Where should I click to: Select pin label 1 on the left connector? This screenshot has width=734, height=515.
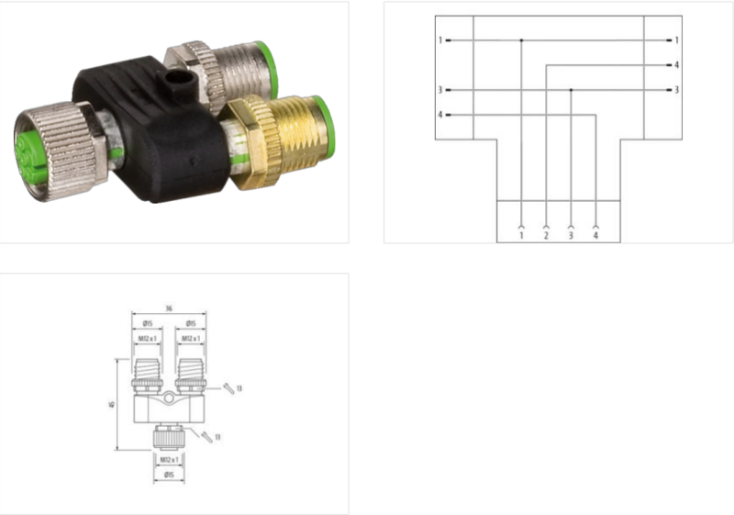pyautogui.click(x=440, y=40)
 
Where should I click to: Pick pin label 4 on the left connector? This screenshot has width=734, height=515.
pyautogui.click(x=440, y=115)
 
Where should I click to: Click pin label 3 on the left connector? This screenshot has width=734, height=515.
pyautogui.click(x=440, y=90)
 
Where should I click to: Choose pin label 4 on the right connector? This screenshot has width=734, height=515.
pyautogui.click(x=676, y=65)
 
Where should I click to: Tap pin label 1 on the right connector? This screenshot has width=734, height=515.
pyautogui.click(x=676, y=40)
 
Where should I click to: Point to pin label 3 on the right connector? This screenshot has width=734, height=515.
pyautogui.click(x=676, y=90)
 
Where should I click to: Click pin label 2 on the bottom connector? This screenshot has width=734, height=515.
pyautogui.click(x=546, y=236)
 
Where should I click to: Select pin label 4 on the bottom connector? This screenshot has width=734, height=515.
pyautogui.click(x=596, y=236)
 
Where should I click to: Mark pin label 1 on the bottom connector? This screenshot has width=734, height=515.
pyautogui.click(x=521, y=236)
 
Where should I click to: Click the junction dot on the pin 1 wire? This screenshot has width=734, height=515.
pyautogui.click(x=521, y=40)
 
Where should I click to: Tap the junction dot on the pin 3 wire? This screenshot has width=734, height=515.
pyautogui.click(x=571, y=90)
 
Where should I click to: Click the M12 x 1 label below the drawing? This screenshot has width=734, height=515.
pyautogui.click(x=169, y=459)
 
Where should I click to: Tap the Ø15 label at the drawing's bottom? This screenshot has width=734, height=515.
pyautogui.click(x=169, y=475)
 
